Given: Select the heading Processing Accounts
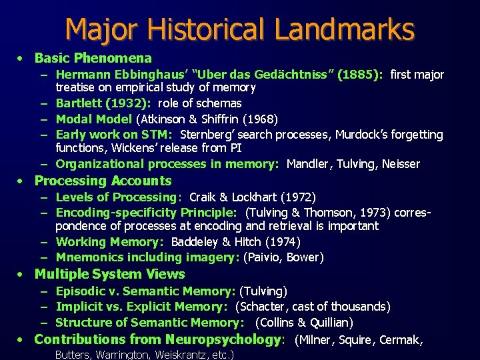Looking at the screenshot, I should click(103, 181).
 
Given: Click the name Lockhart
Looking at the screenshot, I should click(256, 197).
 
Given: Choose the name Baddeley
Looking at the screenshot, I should click(197, 242).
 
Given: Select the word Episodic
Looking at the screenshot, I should click(80, 291).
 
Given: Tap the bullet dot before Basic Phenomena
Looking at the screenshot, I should click(21, 59).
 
